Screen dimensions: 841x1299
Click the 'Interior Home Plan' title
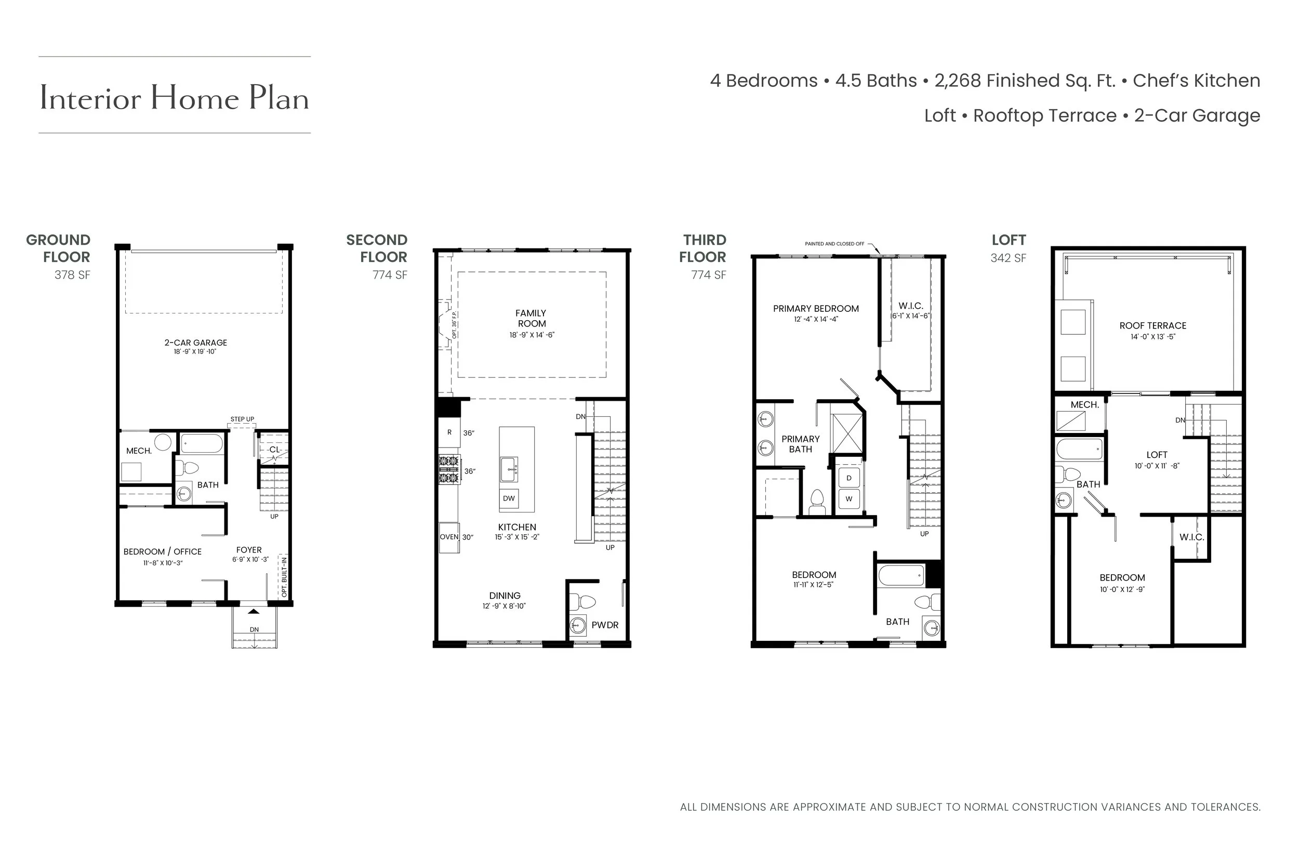point(174,98)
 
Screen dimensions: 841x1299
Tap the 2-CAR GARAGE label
point(195,343)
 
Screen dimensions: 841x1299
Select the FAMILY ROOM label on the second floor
point(531,319)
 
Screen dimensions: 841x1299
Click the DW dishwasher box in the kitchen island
point(509,498)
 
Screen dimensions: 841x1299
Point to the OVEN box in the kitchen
point(449,537)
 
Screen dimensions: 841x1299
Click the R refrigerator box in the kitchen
point(449,432)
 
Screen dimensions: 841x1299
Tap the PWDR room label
point(605,625)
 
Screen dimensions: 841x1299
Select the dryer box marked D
point(849,478)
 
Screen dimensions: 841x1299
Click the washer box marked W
point(849,498)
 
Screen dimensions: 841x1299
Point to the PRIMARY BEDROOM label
point(815,309)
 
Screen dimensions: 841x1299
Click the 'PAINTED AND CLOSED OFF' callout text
point(834,244)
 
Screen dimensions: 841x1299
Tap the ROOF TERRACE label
point(1152,325)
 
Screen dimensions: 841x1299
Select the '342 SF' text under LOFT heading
point(1008,258)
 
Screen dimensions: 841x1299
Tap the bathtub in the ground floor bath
point(202,443)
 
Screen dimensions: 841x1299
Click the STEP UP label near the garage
point(242,419)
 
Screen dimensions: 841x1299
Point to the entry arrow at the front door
point(254,611)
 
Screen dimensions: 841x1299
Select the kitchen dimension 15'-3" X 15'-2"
point(517,537)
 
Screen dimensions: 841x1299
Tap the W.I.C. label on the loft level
point(1191,537)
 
